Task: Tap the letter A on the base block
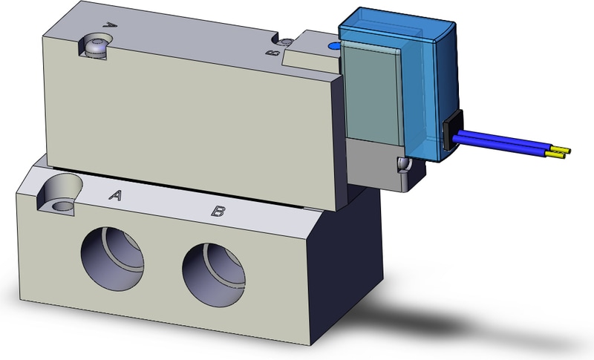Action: [115, 195]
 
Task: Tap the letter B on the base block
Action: [218, 212]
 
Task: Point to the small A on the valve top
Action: [111, 24]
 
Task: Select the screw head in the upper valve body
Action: [95, 46]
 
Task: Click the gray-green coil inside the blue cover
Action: [371, 96]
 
